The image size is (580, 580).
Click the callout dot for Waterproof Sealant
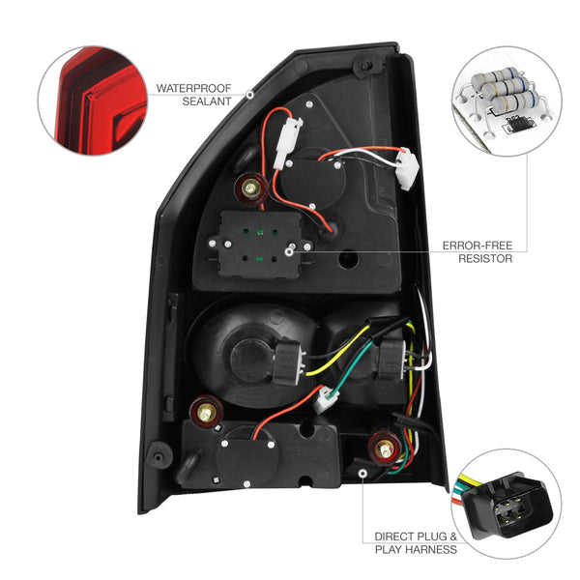(x=250, y=94)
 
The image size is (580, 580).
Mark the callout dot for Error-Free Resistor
(x=291, y=252)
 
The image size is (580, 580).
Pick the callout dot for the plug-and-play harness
(x=362, y=473)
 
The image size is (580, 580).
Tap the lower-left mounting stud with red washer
(x=205, y=412)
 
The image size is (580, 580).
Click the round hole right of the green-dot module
(x=349, y=262)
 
